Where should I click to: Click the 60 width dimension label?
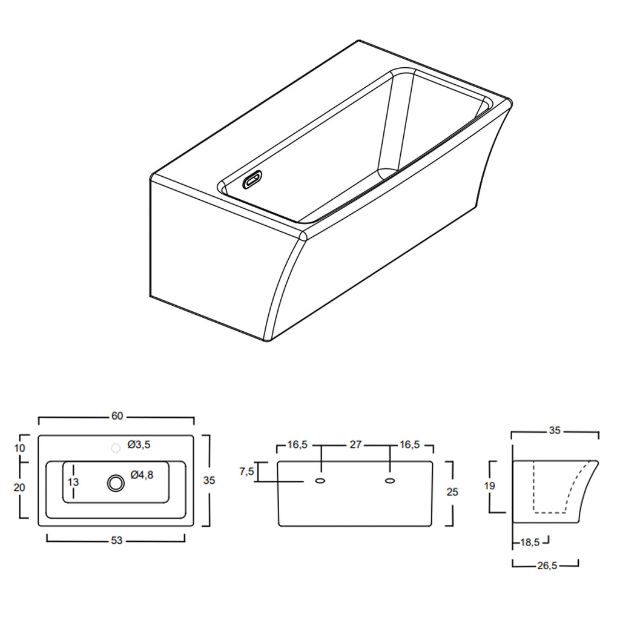pyautogui.click(x=117, y=416)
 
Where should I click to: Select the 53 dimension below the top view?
pyautogui.click(x=117, y=541)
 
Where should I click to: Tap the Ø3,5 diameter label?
pyautogui.click(x=139, y=445)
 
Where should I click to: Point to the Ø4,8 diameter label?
pyautogui.click(x=142, y=475)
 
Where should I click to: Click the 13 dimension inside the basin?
pyautogui.click(x=73, y=483)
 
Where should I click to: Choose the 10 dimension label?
pyautogui.click(x=20, y=448)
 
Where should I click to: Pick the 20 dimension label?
pyautogui.click(x=20, y=487)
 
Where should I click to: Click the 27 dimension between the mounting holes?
pyautogui.click(x=355, y=445)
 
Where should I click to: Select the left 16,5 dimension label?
pyautogui.click(x=297, y=445)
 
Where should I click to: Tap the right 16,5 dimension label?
pyautogui.click(x=409, y=445)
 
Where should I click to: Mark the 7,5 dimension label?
pyautogui.click(x=247, y=471)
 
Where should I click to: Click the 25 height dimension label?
pyautogui.click(x=452, y=492)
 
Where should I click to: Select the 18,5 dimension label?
pyautogui.click(x=530, y=543)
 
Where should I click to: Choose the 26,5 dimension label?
pyautogui.click(x=546, y=566)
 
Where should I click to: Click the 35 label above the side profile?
pyautogui.click(x=555, y=431)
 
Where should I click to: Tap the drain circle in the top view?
pyautogui.click(x=115, y=483)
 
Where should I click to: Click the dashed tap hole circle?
pyautogui.click(x=115, y=448)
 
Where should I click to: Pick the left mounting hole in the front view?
pyautogui.click(x=321, y=481)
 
